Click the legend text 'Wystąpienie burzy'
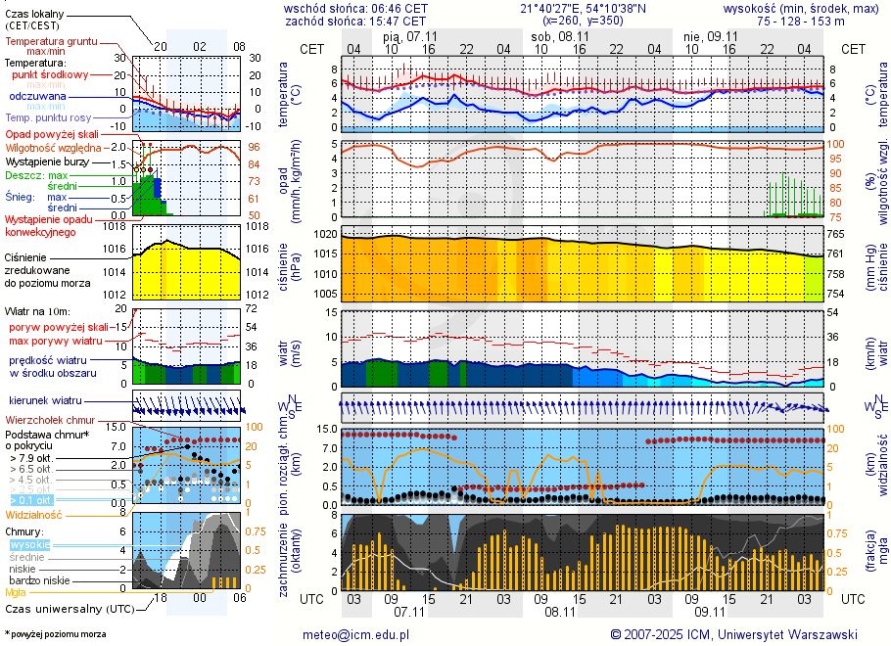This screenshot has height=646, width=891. [x=46, y=161]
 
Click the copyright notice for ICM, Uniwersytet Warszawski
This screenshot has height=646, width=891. [x=733, y=634]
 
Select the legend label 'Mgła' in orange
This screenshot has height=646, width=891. [x=16, y=592]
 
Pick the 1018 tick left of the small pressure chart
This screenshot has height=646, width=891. [x=117, y=227]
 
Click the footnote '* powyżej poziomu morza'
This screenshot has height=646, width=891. [x=55, y=634]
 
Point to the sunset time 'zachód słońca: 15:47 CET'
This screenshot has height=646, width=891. [x=354, y=20]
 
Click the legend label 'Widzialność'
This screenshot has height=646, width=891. [x=33, y=514]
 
